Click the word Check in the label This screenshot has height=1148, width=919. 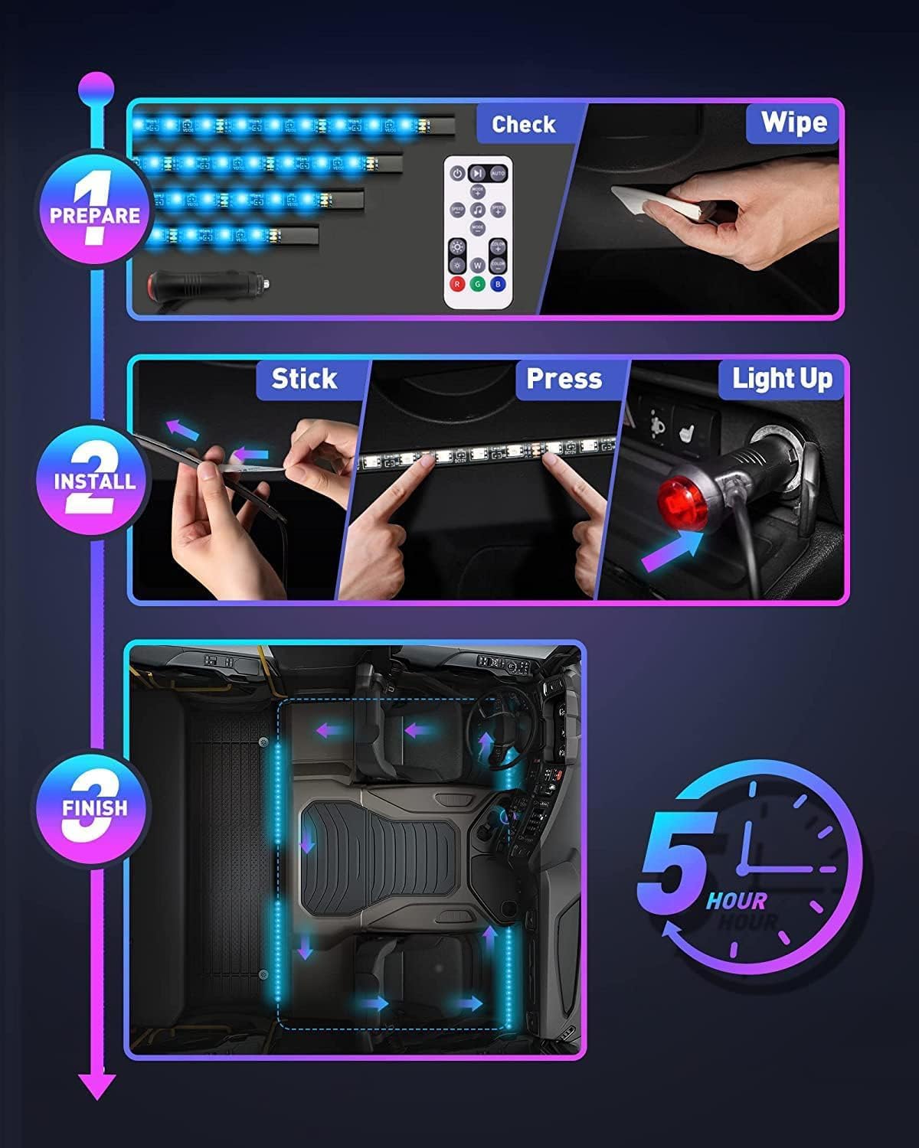524,124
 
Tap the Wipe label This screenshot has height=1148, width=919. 793,122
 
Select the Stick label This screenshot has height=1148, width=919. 304,378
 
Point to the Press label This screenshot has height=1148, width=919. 564,378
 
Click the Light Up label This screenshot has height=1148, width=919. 782,378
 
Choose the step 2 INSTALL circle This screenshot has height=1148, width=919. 95,481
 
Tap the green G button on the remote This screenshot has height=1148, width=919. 477,283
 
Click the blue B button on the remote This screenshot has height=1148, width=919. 498,283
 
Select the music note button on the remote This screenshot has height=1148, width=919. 477,209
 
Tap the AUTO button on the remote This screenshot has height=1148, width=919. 498,174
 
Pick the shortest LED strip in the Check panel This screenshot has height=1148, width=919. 234,233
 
